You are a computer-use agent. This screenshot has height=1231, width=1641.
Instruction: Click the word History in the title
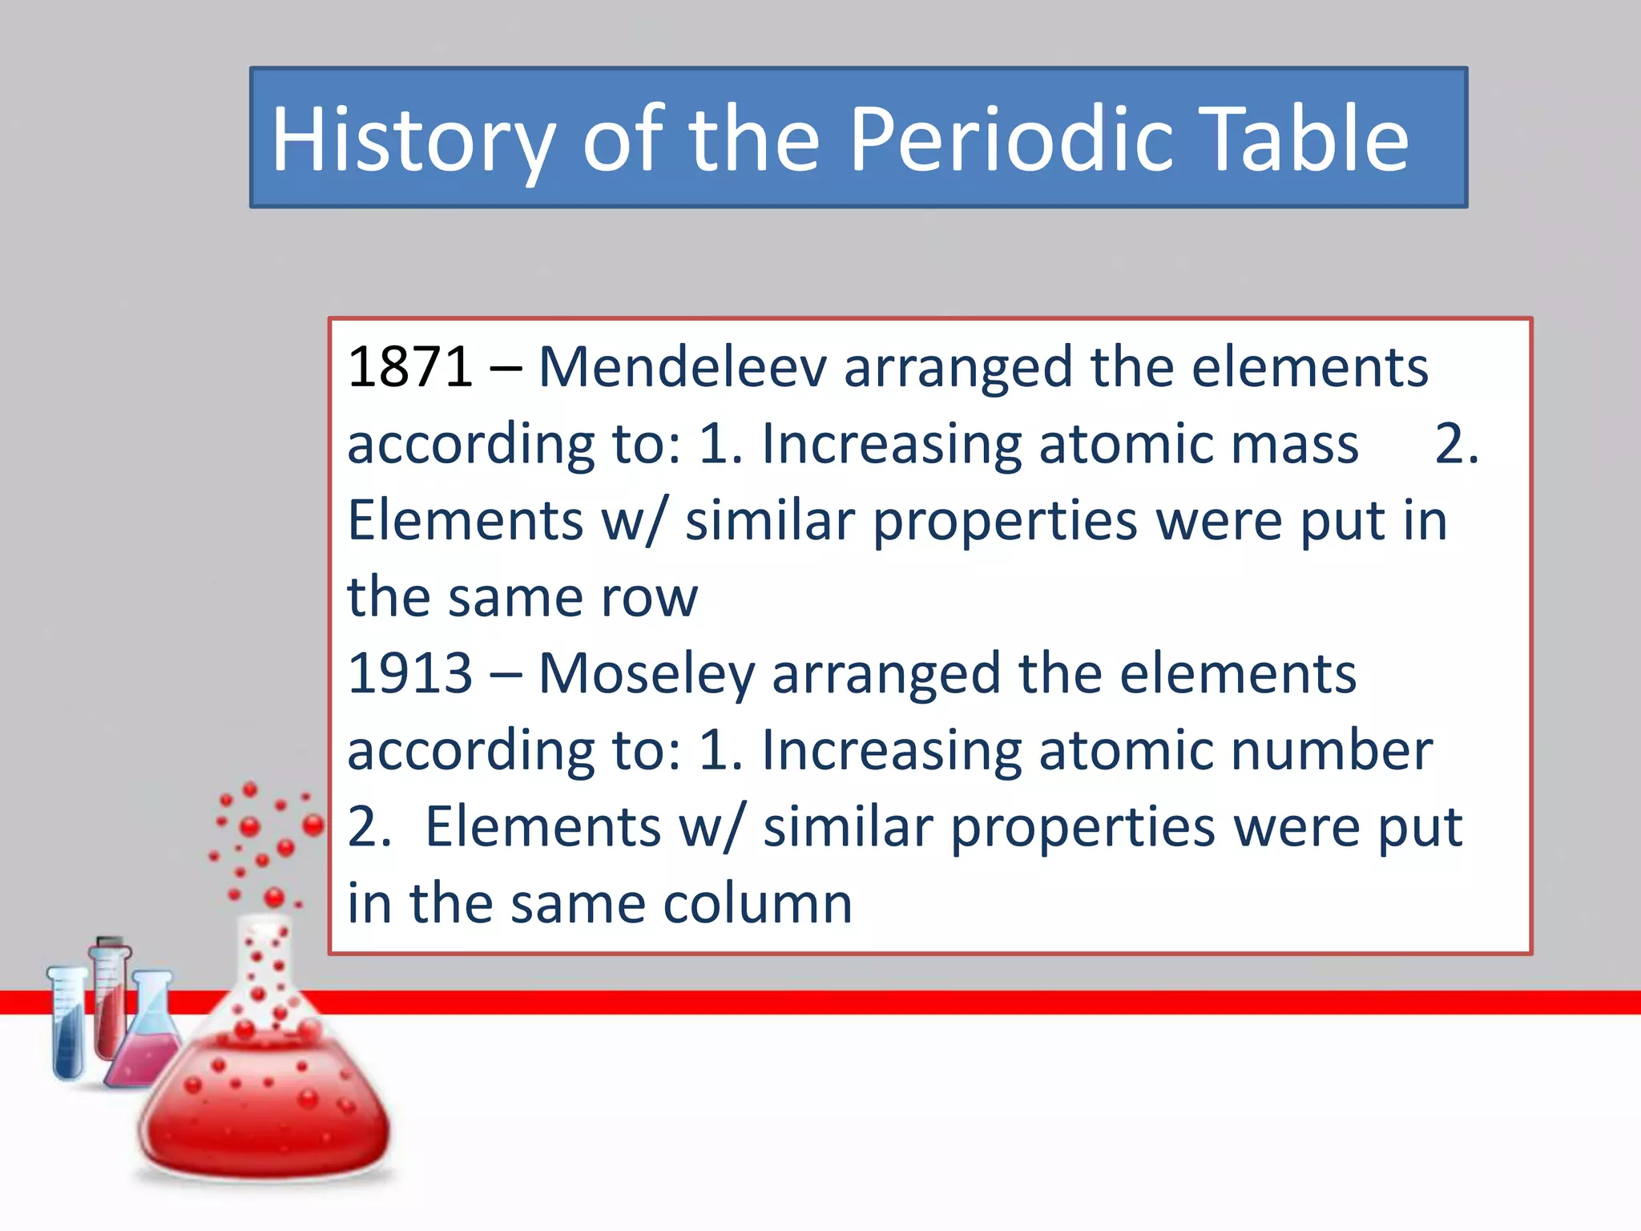[413, 140]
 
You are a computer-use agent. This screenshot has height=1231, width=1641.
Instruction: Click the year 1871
[409, 367]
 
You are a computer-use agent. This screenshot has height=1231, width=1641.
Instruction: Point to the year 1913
[409, 673]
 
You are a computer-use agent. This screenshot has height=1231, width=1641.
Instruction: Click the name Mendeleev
[682, 367]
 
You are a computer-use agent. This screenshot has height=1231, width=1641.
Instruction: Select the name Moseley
[646, 673]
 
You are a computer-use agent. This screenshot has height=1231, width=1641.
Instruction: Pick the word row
[649, 597]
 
